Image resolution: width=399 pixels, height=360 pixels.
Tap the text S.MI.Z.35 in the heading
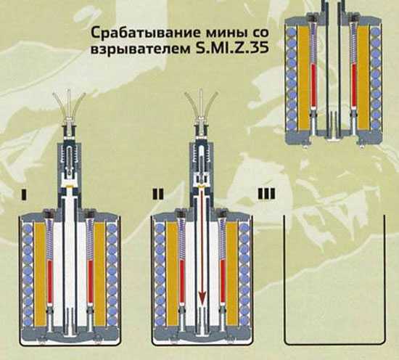(x=232, y=48)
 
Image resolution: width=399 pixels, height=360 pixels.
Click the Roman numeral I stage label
(x=24, y=194)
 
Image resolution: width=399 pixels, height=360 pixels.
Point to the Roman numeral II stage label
(x=158, y=194)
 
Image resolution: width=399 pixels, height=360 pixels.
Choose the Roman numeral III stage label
(x=267, y=194)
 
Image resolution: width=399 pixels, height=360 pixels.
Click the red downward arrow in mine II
(x=202, y=246)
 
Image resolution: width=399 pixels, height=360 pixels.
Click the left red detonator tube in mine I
(x=50, y=282)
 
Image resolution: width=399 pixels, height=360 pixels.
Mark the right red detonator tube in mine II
(x=223, y=282)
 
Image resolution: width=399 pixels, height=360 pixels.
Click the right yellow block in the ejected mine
(x=363, y=77)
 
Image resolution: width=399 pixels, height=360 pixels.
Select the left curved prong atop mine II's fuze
(x=192, y=104)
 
